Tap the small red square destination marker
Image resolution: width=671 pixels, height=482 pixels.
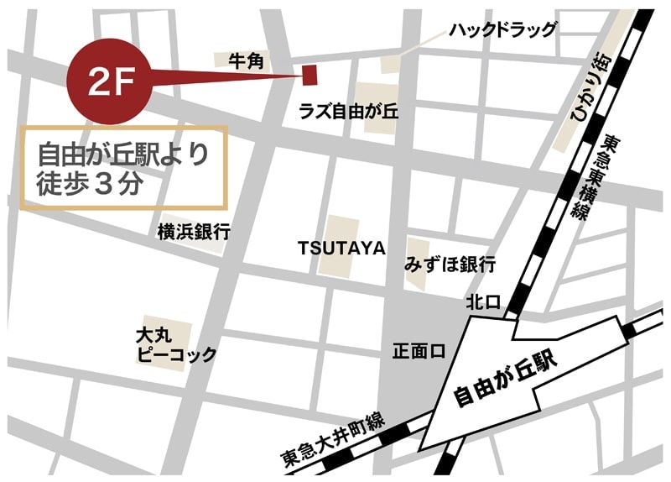pyautogui.click(x=309, y=75)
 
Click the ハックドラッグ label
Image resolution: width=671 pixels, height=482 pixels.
pyautogui.click(x=502, y=30)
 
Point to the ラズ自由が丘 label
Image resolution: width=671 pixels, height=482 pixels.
pyautogui.click(x=348, y=114)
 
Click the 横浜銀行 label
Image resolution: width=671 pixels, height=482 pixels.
pyautogui.click(x=194, y=232)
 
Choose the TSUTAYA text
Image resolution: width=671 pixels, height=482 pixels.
pyautogui.click(x=341, y=249)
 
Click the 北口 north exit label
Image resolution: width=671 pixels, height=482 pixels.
pyautogui.click(x=483, y=301)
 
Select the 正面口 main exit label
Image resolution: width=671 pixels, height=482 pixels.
pyautogui.click(x=417, y=351)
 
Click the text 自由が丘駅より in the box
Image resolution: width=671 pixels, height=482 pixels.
pyautogui.click(x=122, y=155)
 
